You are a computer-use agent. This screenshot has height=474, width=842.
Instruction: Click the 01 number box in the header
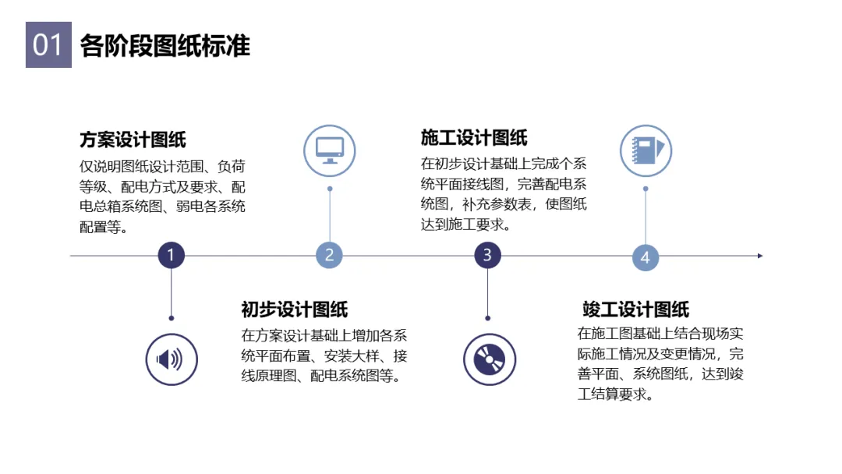(48, 45)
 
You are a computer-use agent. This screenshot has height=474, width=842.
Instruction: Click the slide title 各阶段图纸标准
(165, 46)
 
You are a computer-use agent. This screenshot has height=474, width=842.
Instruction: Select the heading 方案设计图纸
(133, 140)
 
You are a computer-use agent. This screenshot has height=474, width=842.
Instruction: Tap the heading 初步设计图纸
(294, 310)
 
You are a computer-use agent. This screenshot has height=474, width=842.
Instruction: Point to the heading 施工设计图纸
(474, 138)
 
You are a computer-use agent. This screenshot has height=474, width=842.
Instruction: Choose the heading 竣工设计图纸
(635, 310)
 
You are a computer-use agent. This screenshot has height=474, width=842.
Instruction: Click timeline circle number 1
(171, 255)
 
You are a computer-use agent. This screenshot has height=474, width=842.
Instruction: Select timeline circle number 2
(329, 255)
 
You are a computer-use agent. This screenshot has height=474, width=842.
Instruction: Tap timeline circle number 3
(487, 255)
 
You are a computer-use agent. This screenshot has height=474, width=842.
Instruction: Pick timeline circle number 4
(646, 257)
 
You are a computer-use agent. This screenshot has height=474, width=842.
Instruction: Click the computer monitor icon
(329, 150)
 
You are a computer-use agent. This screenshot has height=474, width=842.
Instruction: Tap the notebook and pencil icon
(646, 150)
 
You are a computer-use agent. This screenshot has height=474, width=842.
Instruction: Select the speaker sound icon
(171, 359)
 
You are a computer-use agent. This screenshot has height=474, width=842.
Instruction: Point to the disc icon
(489, 359)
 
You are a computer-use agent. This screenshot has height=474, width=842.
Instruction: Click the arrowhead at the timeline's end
(760, 255)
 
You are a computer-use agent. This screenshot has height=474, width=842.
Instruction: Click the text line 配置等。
(104, 227)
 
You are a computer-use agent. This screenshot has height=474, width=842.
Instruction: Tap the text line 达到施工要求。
(465, 225)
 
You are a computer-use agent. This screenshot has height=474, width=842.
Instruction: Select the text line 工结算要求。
(614, 394)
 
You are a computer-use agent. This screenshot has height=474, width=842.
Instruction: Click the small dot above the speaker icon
(171, 318)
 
